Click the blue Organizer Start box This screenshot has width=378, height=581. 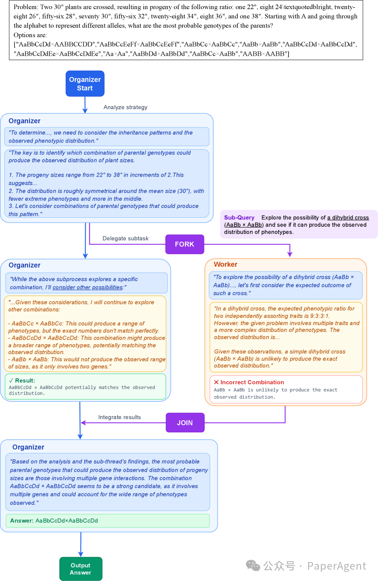tap(85, 84)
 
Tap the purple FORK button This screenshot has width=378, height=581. tap(185, 244)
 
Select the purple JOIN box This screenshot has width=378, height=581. tap(185, 423)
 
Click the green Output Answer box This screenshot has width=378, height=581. tap(81, 569)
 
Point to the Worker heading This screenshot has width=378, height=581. tap(226, 265)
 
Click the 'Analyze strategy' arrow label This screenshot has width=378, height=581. tap(125, 107)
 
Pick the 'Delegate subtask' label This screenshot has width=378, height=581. tap(125, 238)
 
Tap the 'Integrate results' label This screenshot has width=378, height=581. tap(119, 417)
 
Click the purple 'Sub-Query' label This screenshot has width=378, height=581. tap(239, 218)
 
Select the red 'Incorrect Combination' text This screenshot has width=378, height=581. tap(252, 382)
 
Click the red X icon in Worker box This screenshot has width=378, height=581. tap(216, 382)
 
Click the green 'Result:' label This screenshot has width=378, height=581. tap(25, 381)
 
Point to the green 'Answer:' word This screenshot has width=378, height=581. tap(22, 521)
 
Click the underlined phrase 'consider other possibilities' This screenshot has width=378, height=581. tap(88, 287)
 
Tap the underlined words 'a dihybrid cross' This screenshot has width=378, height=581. tap(348, 218)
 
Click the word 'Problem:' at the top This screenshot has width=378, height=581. tap(26, 7)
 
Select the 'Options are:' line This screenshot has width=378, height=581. tap(30, 35)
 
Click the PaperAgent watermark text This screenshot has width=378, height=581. tap(337, 566)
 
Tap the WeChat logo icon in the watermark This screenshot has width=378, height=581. tap(253, 566)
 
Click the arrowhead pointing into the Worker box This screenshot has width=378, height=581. tap(290, 255)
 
